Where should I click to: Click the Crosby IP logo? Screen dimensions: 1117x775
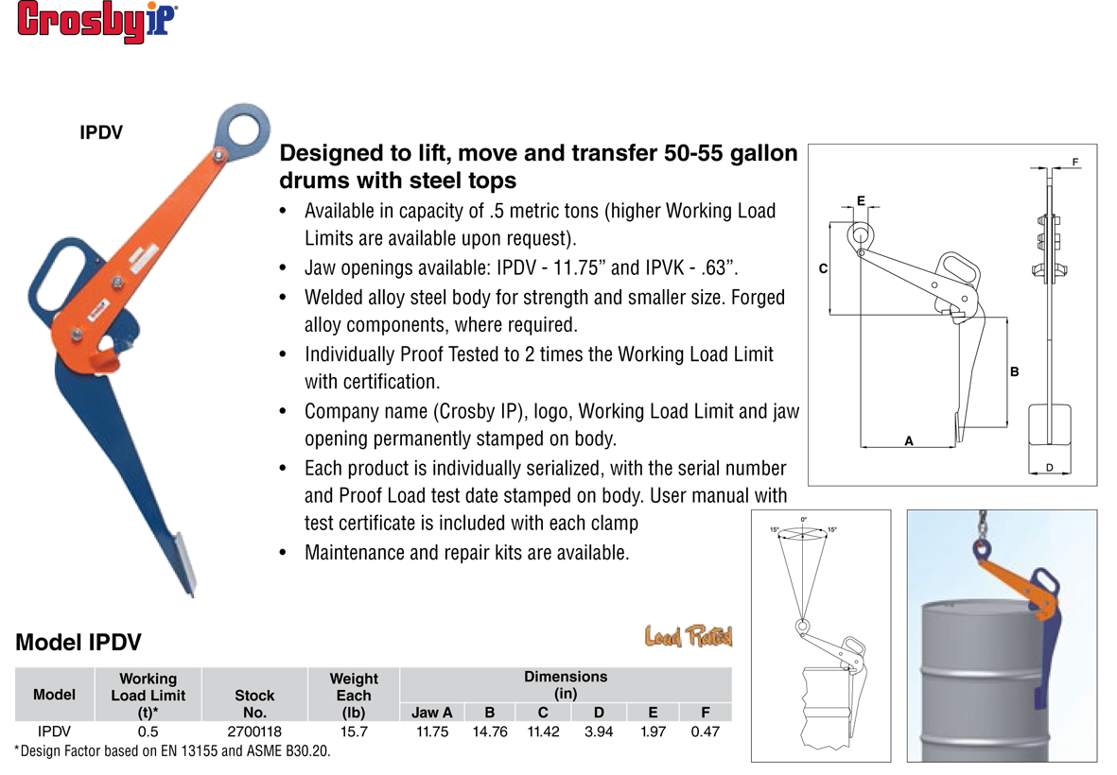(96, 22)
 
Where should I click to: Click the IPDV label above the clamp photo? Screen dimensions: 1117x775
(101, 132)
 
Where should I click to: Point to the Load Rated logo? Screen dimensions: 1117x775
(689, 636)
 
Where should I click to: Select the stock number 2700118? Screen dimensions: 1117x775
(254, 732)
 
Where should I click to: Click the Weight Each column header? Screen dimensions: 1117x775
(354, 696)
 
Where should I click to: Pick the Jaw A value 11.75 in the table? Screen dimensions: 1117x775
(432, 732)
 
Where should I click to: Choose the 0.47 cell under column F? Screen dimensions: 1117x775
(706, 732)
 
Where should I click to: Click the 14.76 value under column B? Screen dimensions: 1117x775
(490, 732)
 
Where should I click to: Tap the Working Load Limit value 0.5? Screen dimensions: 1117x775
(148, 732)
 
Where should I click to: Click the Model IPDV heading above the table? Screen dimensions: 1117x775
(79, 643)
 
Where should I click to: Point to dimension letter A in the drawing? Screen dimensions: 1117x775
(909, 441)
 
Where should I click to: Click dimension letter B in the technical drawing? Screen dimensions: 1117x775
(1015, 371)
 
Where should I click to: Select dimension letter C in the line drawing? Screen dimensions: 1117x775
(824, 269)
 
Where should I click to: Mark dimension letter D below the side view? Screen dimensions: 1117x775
(1049, 468)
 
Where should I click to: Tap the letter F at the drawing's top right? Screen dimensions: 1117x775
(1075, 163)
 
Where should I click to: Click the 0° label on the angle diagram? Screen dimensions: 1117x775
(804, 520)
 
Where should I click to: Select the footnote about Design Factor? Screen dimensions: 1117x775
(172, 751)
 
